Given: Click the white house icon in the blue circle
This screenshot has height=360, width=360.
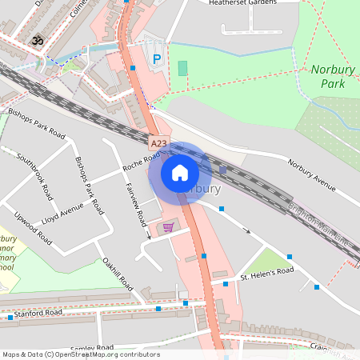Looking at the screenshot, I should [x=179, y=172].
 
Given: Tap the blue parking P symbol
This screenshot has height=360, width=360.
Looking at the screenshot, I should [x=157, y=59].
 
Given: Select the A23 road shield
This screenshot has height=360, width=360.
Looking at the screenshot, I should [x=159, y=144].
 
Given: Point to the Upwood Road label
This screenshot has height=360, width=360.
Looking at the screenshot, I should [x=33, y=228].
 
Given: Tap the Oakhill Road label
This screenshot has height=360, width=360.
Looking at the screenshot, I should [x=117, y=273].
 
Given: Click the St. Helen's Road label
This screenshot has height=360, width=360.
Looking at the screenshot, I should [x=268, y=274].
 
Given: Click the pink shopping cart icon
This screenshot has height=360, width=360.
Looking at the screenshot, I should [x=168, y=227].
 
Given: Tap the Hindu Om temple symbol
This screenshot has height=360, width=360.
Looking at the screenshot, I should [x=36, y=39].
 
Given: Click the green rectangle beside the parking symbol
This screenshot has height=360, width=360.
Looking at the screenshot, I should [x=182, y=68].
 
